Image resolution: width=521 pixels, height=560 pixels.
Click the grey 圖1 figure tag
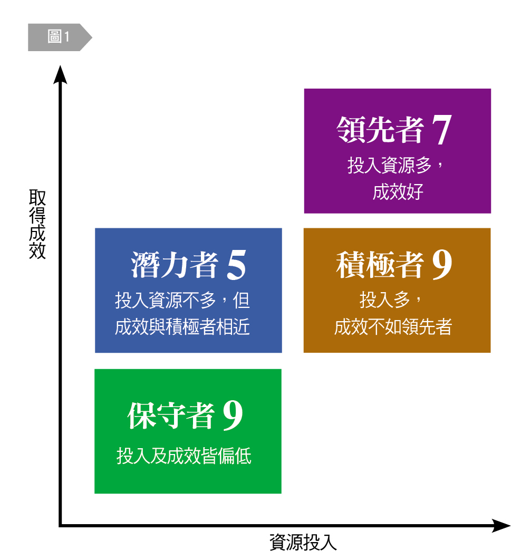(59, 37)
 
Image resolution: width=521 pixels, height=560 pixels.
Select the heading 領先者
(380, 129)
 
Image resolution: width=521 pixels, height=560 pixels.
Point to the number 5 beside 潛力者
(236, 265)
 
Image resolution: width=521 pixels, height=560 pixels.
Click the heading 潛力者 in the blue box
(175, 265)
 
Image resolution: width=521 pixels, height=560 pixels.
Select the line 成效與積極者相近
(182, 327)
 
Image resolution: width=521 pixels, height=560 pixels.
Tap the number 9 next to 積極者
(442, 265)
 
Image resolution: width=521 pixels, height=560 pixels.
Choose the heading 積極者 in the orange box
(380, 265)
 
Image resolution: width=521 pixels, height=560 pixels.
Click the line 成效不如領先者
(393, 327)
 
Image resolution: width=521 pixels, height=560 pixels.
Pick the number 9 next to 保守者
(233, 416)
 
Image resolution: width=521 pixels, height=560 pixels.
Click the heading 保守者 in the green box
(171, 416)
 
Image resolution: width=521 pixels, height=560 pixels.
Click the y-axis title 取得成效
(37, 225)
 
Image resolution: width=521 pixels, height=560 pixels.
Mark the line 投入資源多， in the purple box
(397, 166)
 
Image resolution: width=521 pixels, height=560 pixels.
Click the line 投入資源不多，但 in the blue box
(182, 301)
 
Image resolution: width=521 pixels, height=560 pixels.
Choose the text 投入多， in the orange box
(391, 301)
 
